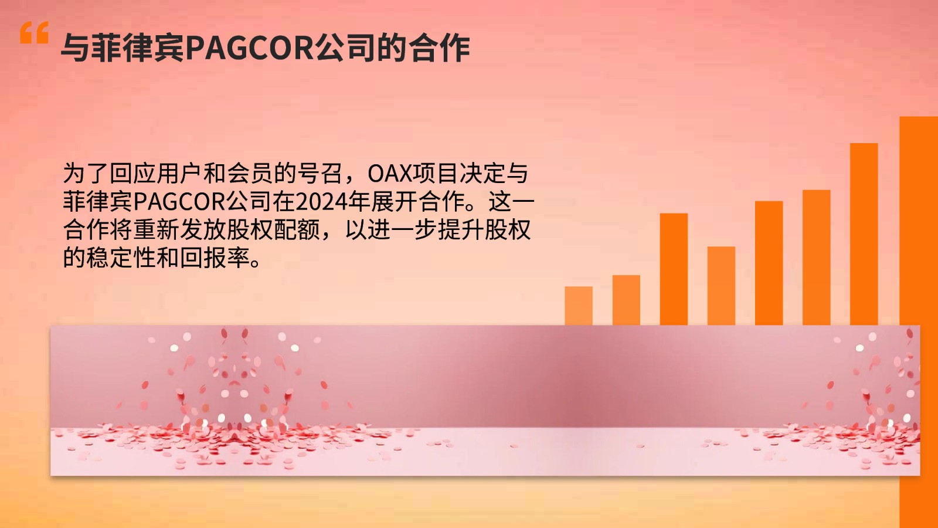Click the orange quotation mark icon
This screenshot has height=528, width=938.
35,33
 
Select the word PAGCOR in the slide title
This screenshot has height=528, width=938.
250,48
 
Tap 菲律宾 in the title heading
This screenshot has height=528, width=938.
123,48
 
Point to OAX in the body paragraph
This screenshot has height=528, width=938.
390,174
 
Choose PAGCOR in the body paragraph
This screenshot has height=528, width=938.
179,202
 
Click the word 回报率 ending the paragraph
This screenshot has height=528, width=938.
215,258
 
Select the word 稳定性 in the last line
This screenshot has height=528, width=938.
121,258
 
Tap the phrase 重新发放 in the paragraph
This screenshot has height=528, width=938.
179,229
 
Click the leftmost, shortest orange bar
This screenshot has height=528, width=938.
578,306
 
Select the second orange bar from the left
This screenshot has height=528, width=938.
626,300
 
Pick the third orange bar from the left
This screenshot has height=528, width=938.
674,269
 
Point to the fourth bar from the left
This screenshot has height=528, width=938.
721,286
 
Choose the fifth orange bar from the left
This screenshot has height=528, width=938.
769,263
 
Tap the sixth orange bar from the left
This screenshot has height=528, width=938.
816,258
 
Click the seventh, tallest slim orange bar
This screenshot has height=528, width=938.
864,234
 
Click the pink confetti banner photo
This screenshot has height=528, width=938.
485,401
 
